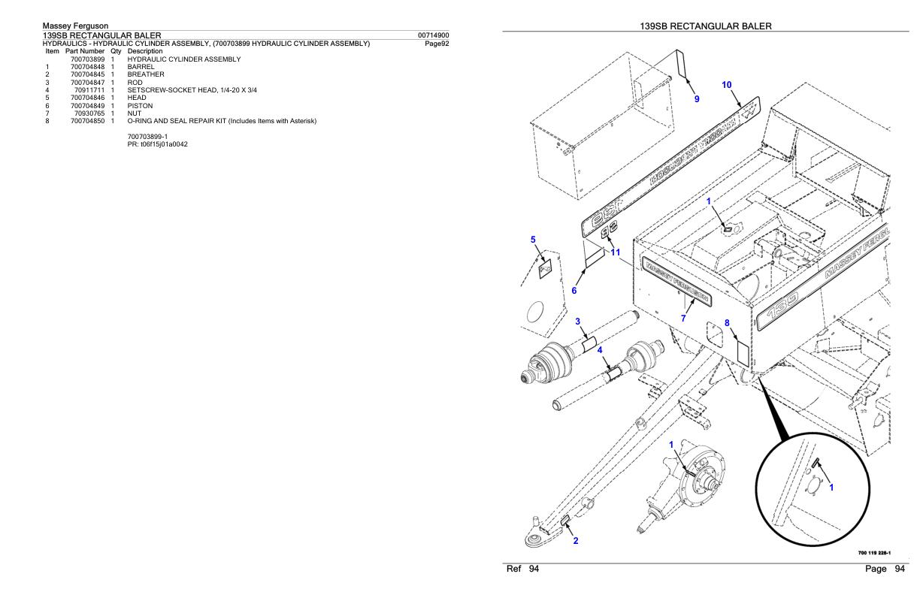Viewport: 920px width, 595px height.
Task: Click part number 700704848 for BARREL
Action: (x=87, y=66)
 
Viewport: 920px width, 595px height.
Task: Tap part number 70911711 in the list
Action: (x=90, y=90)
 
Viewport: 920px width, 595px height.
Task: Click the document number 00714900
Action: (x=434, y=35)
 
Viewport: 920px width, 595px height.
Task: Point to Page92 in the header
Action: (x=437, y=43)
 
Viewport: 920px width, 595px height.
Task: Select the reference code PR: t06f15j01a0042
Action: (x=158, y=143)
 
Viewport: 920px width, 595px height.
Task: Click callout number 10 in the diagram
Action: (x=727, y=86)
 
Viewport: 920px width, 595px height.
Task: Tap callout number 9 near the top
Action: (x=696, y=98)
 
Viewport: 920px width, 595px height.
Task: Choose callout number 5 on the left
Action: (x=533, y=240)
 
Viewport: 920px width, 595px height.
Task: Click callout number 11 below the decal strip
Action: (x=616, y=252)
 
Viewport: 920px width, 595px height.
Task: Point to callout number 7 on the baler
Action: (x=682, y=318)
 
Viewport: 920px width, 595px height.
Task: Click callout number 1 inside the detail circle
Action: (x=831, y=486)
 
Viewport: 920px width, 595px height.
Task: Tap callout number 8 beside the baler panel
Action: (x=728, y=323)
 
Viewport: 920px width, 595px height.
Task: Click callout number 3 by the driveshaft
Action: (x=577, y=322)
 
